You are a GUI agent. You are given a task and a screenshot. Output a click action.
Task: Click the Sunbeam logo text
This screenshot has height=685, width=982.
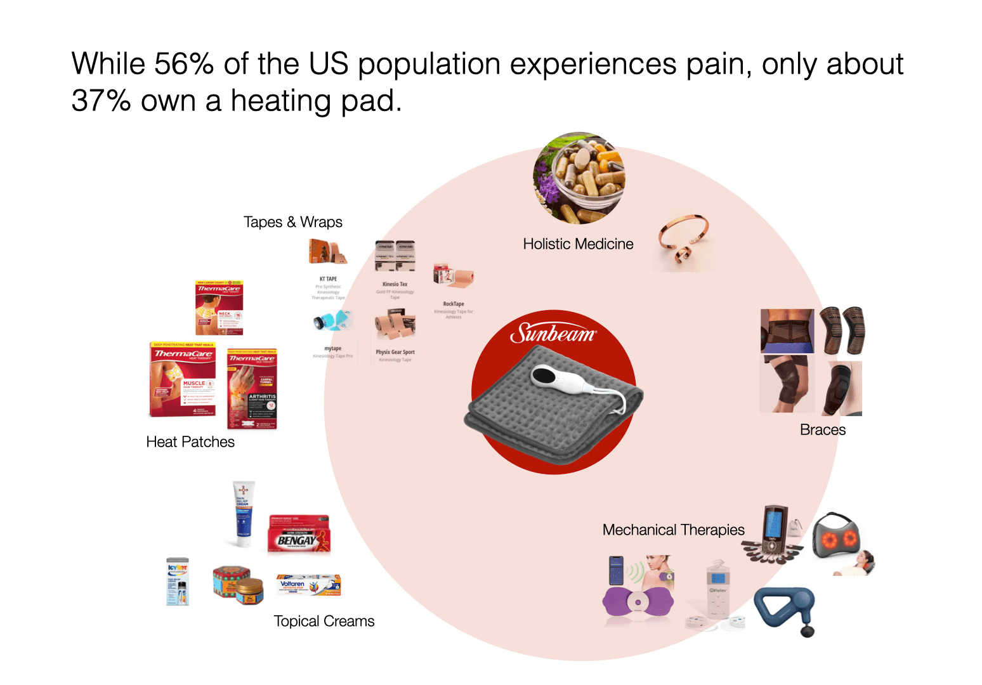coord(553,333)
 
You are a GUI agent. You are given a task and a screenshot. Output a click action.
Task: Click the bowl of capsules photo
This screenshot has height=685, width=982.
coord(579,178)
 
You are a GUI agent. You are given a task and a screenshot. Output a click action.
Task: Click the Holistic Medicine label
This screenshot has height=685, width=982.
coord(578,244)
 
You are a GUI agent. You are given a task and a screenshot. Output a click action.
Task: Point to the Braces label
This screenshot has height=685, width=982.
coord(823,430)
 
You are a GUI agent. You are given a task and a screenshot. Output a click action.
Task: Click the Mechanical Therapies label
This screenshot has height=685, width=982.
coord(673,530)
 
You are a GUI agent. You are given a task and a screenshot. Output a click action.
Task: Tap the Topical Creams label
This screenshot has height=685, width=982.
coord(324,621)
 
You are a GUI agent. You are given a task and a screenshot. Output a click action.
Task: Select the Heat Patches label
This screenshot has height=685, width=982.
coord(190,442)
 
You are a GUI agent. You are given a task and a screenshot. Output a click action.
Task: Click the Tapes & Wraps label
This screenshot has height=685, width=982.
coord(293,222)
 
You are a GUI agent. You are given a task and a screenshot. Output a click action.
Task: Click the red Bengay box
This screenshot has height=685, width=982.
coord(299,534)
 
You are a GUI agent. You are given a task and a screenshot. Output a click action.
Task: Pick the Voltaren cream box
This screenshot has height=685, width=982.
coord(309,585)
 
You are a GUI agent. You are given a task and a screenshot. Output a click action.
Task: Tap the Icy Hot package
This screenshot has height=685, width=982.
coord(177,581)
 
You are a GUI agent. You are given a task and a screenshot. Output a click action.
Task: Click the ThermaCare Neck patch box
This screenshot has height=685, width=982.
coord(219,308)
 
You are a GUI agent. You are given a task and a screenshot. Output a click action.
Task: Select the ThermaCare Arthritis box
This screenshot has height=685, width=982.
coord(252,389)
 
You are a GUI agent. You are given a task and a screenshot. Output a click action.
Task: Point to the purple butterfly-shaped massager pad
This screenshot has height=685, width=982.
coord(637,602)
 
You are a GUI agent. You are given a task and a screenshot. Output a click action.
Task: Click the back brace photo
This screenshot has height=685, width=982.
coord(787,331)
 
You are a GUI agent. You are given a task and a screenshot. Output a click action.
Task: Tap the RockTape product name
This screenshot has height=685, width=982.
coord(454,304)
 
